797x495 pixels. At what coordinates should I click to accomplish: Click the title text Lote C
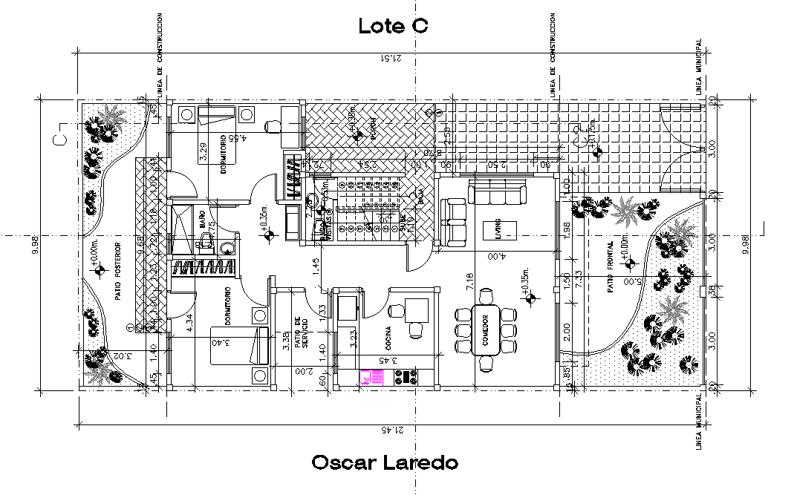[393, 26]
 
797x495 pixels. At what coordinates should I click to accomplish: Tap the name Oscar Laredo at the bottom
[385, 463]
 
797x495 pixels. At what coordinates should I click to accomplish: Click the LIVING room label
[499, 226]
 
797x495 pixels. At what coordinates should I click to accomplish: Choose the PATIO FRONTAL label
[609, 266]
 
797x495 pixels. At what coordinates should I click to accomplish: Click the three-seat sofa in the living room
[497, 195]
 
